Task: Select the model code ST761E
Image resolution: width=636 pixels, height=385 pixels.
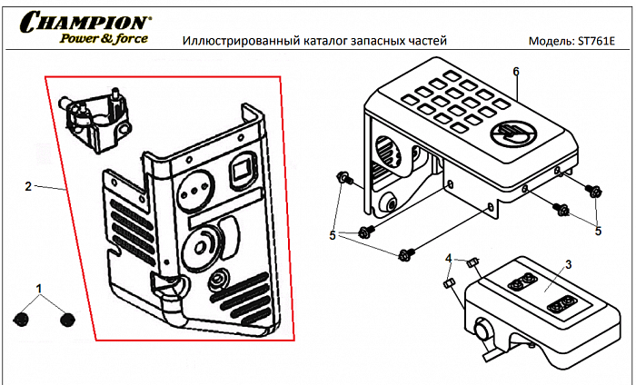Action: [x=595, y=42]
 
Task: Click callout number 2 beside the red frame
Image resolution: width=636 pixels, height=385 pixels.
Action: [x=28, y=186]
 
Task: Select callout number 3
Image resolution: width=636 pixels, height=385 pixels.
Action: [x=568, y=263]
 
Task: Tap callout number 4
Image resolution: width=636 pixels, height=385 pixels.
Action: [x=448, y=260]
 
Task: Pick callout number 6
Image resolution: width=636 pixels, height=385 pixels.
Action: [x=515, y=71]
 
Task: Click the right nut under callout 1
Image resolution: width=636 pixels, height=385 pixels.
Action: [x=66, y=319]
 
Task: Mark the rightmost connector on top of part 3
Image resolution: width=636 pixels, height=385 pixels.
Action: [x=563, y=301]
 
